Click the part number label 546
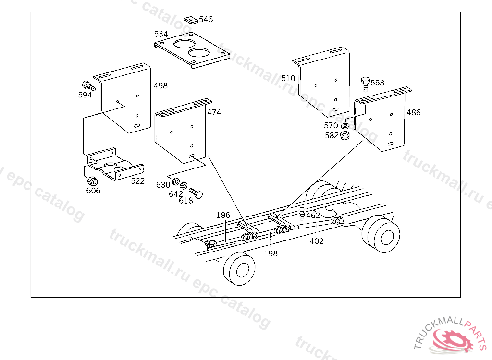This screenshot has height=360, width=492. tap(206, 20)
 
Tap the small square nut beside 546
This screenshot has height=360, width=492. tap(190, 20)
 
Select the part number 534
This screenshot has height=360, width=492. tap(161, 34)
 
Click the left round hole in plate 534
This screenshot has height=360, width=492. tap(182, 44)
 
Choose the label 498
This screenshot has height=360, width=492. tap(160, 86)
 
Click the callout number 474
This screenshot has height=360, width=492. tap(214, 112)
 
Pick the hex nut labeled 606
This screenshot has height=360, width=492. tap(93, 181)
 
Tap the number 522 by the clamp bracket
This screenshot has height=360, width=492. tap(137, 181)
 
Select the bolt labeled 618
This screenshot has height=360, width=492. tap(197, 193)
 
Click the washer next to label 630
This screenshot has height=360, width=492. tap(176, 181)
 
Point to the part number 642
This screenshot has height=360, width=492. tap(175, 194)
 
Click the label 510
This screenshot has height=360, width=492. tap(288, 78)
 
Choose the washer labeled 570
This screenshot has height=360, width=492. tap(345, 126)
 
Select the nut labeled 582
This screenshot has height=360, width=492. tap(345, 136)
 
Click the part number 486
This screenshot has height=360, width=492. tap(413, 113)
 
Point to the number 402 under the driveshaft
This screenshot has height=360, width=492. tap(317, 241)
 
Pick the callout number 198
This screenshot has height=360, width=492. tap(271, 253)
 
